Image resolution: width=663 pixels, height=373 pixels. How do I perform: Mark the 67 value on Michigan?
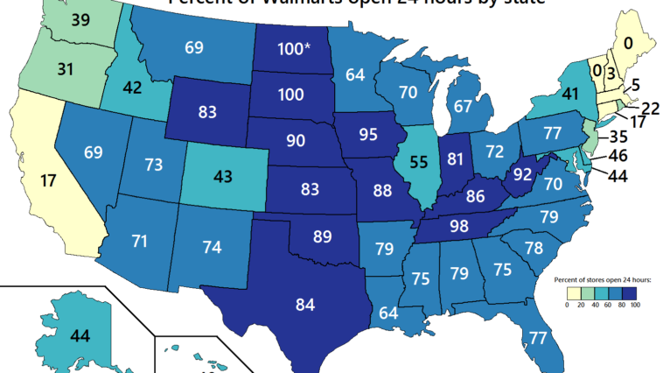464,106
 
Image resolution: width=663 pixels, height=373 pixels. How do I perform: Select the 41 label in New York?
571,92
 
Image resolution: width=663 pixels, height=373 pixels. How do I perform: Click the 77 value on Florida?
539,336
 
